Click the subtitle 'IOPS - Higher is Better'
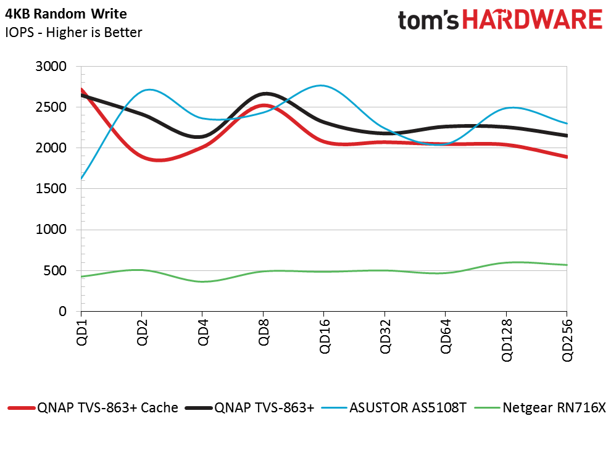point(73,32)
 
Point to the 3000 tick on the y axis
point(54,67)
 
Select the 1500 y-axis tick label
point(54,189)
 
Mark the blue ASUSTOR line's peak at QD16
point(322,85)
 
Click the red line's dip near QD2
point(159,160)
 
